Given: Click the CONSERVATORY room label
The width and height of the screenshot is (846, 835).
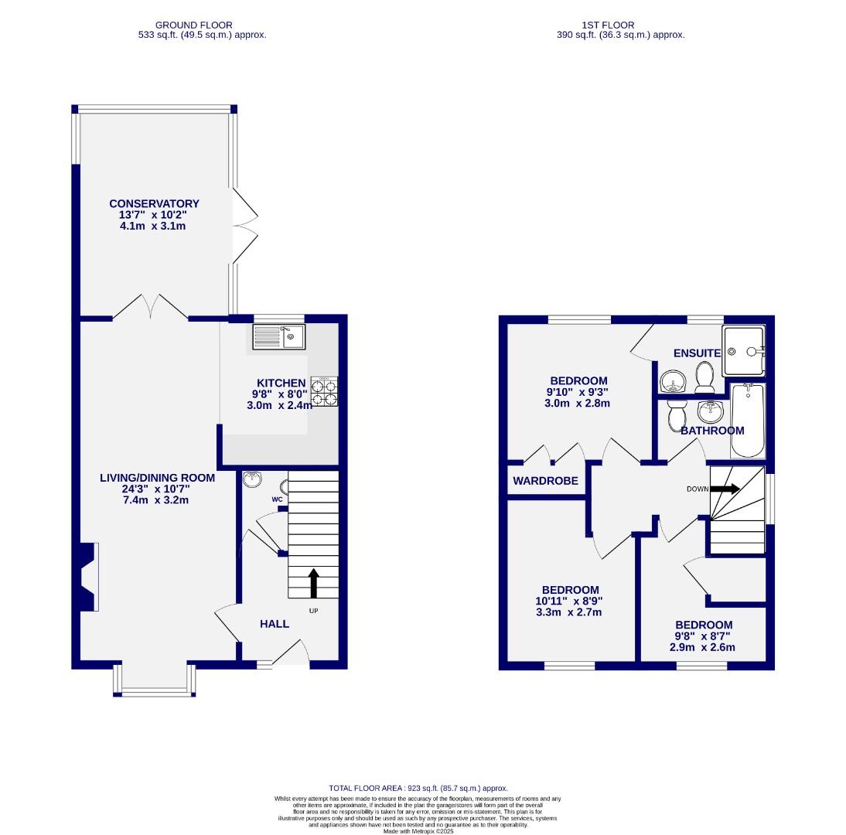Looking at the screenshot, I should click(154, 203).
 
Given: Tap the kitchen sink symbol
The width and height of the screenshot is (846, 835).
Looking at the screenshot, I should click(279, 336).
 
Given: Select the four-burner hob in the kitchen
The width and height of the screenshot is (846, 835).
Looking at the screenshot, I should click(324, 391).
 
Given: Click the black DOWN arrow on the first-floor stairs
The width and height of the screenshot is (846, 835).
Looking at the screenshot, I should click(725, 489).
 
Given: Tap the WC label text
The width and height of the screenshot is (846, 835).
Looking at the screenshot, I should click(277, 499).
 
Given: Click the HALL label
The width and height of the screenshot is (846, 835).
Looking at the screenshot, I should click(275, 623).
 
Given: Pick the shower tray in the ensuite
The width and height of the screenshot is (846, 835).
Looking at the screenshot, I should click(743, 351).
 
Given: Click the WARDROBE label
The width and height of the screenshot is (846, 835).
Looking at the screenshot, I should click(545, 481).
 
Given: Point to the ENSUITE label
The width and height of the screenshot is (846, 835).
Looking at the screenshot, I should click(697, 353).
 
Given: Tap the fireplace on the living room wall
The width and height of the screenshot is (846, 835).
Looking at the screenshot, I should click(86, 574).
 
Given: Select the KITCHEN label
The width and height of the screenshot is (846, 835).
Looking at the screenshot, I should click(281, 383).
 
